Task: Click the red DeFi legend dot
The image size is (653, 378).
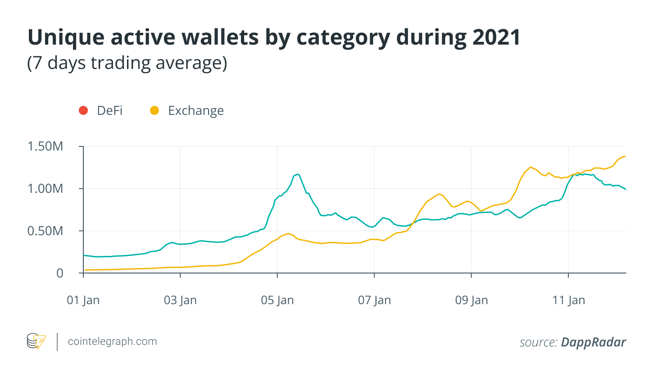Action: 83,110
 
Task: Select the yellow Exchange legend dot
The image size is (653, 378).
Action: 154,110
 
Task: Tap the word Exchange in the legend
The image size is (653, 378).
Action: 195,110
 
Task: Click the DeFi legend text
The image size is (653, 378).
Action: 109,110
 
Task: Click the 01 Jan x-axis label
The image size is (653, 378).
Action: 84,301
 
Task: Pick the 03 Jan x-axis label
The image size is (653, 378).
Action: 181,301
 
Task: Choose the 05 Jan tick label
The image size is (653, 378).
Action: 277,301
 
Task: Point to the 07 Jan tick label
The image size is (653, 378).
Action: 375,301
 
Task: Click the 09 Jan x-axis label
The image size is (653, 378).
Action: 472,301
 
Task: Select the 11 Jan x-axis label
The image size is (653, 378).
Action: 568,301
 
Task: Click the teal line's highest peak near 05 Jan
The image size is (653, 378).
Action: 297,174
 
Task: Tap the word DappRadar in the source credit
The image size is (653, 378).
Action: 593,342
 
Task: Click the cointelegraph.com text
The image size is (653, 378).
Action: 112,342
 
